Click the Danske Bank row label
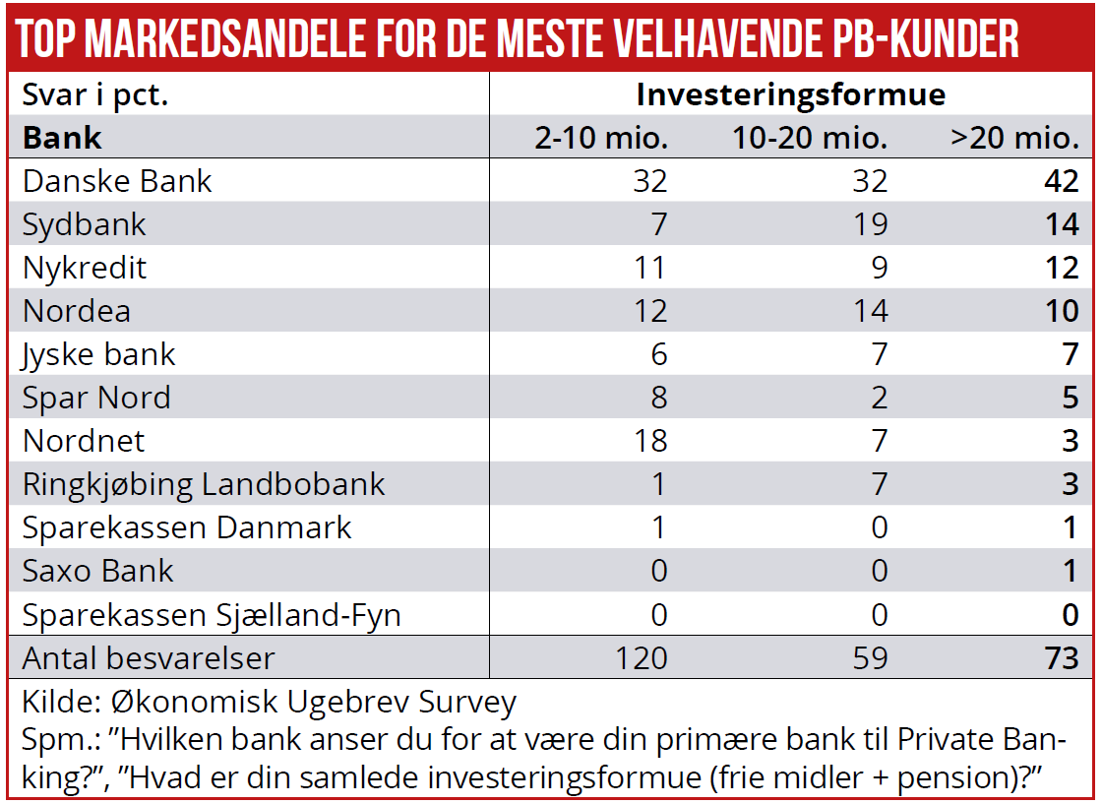tap(117, 182)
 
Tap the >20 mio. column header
tap(1013, 138)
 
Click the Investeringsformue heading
tap(791, 94)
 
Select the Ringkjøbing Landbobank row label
tap(204, 485)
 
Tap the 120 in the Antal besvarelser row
tap(641, 658)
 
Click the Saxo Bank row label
tap(97, 572)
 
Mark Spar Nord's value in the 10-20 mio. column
tap(878, 399)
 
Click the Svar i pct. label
tap(95, 95)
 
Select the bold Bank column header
tap(62, 138)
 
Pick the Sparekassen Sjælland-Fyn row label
tap(212, 615)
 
